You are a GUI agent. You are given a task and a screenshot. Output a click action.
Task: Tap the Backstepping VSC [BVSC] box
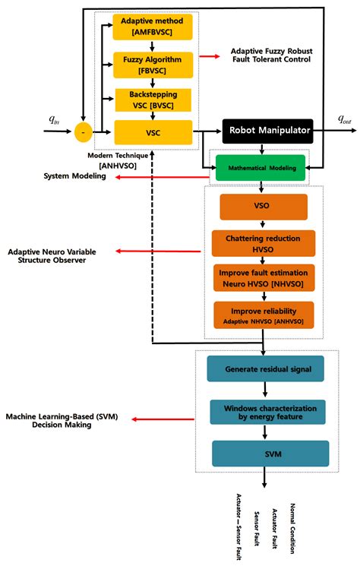(153, 100)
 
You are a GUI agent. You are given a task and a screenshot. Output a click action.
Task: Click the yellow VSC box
(153, 131)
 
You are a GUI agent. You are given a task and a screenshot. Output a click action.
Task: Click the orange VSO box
(263, 207)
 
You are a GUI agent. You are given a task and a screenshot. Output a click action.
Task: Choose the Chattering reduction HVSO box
(263, 243)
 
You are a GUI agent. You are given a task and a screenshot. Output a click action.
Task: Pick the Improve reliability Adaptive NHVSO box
(263, 315)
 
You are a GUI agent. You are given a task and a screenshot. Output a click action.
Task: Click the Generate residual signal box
(264, 369)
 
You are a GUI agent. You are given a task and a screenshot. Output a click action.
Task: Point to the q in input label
(53, 120)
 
